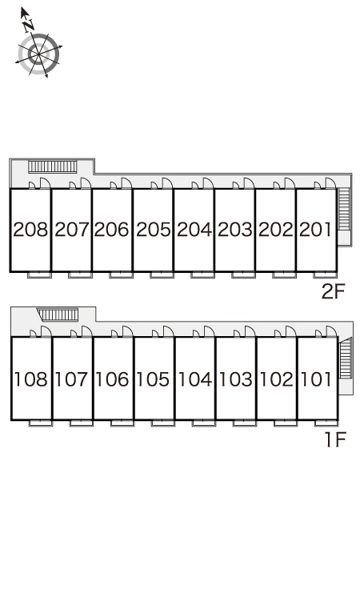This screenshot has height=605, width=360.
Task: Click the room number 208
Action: coord(30,230)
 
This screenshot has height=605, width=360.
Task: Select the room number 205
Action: coord(153,230)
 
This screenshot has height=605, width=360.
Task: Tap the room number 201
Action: coord(316,230)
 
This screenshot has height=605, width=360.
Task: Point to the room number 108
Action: coord(31,379)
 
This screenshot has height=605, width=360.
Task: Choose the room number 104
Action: coord(195,379)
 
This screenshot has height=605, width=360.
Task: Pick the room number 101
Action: coord(316,379)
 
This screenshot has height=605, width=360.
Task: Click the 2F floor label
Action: coord(333,291)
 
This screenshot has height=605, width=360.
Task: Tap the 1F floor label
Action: coord(335,439)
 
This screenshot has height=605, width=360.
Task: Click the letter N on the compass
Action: coord(28,26)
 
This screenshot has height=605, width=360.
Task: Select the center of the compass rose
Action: coord(39,54)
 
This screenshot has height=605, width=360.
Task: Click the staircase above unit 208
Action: coord(53,166)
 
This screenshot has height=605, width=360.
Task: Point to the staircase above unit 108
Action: coord(58,315)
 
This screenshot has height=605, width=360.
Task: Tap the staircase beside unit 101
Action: coord(346,358)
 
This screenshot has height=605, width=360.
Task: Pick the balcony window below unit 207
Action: coord(80,274)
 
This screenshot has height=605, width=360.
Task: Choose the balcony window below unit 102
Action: coord(286,423)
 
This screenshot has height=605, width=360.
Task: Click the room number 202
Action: coord(276,230)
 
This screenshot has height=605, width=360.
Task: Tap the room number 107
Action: coord(72,379)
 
